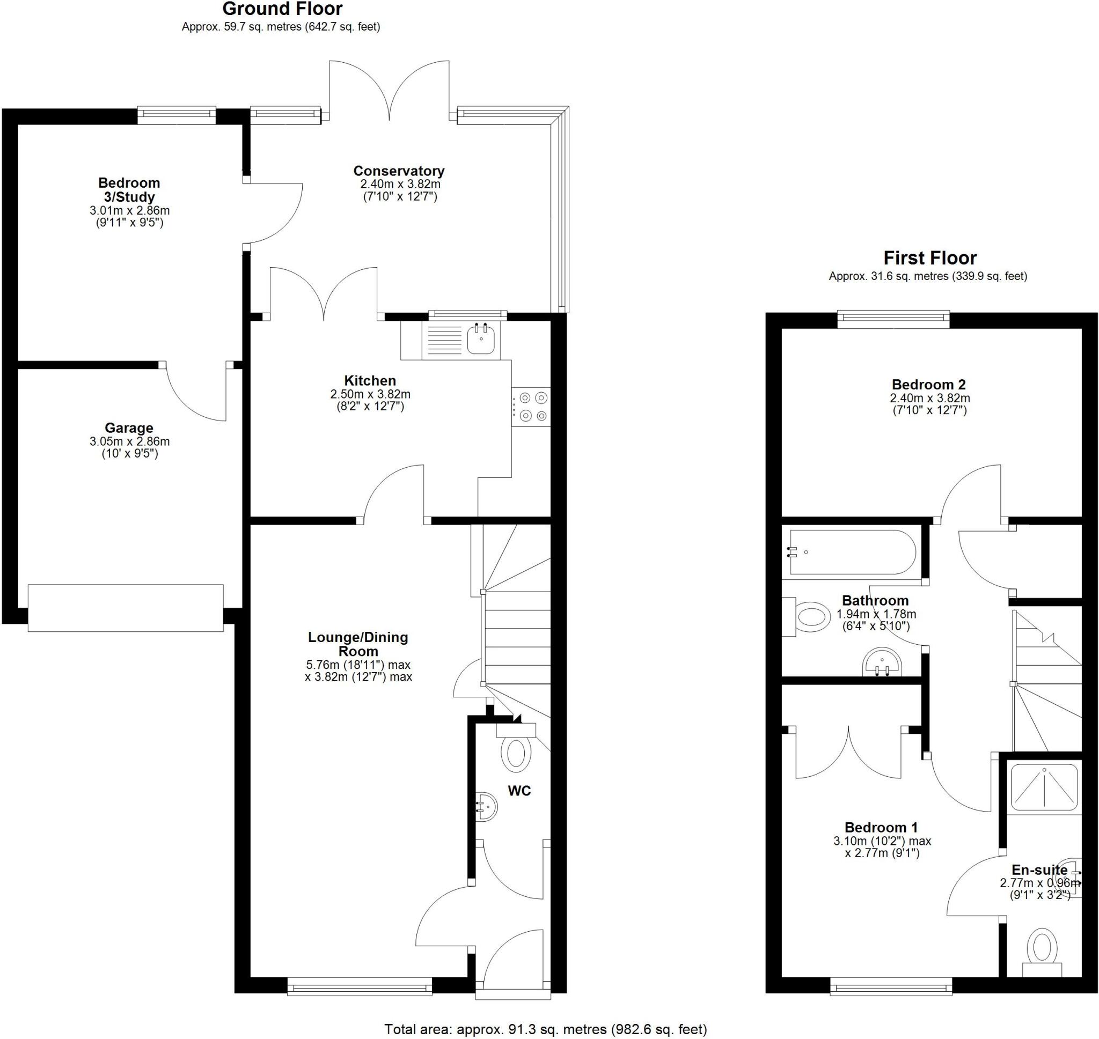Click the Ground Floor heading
pos(282,9)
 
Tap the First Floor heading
pos(929,258)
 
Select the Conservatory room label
pos(398,171)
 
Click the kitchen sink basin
pos(480,340)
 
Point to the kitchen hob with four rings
pos(531,407)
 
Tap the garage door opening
pos(126,608)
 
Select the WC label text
pos(519,791)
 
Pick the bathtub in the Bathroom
pos(852,552)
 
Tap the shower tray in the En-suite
pos(1044,787)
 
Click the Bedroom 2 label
pos(929,384)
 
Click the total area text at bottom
pos(546,1029)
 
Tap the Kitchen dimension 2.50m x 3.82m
pos(370,394)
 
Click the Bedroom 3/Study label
pos(129,189)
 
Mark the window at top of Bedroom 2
pos(893,317)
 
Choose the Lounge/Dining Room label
pos(358,644)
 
